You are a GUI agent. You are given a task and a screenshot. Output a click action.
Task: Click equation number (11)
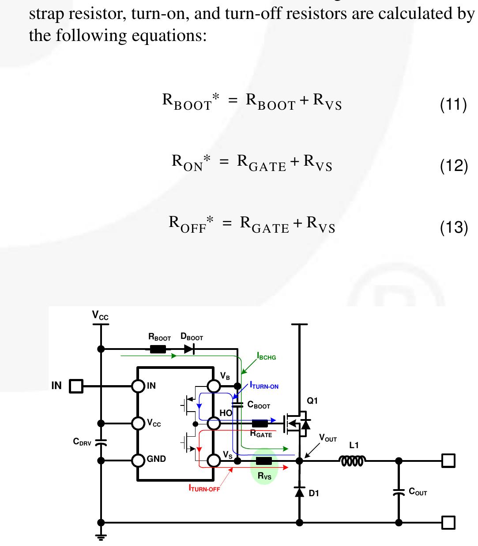pos(453,104)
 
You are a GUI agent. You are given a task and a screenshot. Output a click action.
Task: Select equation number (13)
pos(454,227)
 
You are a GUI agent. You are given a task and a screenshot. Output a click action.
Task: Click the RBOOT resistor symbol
pos(158,349)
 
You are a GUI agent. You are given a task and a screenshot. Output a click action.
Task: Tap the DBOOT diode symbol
pos(189,349)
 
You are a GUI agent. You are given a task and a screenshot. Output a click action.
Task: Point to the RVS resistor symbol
pos(263,461)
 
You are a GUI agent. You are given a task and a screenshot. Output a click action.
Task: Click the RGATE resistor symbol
pos(260,423)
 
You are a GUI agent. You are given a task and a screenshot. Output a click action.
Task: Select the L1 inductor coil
pos(352,461)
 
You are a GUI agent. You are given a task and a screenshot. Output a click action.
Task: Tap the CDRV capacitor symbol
pos(101,443)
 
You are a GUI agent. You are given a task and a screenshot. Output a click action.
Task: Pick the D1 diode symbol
pos(300,491)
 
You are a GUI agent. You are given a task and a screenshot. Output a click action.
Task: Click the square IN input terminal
pos(76,386)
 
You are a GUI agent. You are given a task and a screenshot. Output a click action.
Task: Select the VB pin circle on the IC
pos(214,386)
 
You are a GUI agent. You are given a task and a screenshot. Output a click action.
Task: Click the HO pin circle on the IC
pos(214,423)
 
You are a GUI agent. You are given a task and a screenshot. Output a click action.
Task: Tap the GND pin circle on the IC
pos(139,461)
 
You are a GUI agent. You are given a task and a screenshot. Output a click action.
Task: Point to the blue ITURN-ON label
pos(264,386)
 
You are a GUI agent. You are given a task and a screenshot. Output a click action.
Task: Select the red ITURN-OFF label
pos(204,488)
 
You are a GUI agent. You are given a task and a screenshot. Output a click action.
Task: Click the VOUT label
pos(328,438)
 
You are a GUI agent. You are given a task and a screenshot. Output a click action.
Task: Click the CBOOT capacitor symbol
pos(237,405)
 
